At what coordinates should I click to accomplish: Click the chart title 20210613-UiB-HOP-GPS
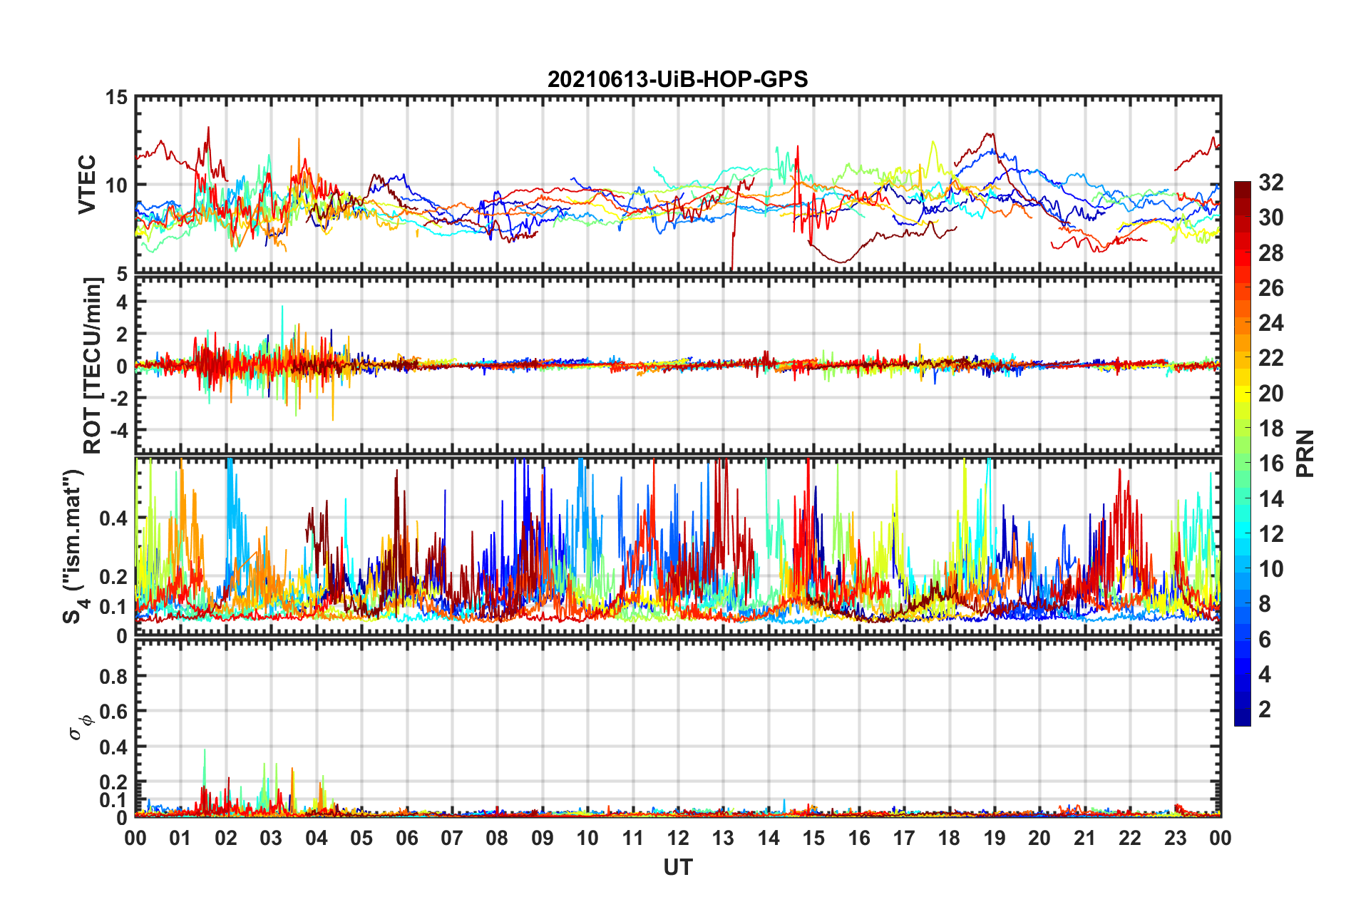(x=677, y=79)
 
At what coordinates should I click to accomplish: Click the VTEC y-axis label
(x=87, y=184)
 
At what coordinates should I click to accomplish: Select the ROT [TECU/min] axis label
(x=93, y=366)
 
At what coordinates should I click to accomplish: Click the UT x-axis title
(x=677, y=867)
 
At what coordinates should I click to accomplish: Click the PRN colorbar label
(x=1305, y=453)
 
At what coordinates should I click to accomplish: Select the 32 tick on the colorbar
(x=1270, y=183)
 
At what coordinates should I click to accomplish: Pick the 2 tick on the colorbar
(x=1265, y=709)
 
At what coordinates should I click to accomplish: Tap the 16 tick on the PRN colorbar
(x=1270, y=463)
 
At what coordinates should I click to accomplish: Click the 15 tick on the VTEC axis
(x=117, y=97)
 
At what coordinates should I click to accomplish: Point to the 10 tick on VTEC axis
(x=117, y=185)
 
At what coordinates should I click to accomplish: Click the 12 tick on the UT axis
(x=678, y=838)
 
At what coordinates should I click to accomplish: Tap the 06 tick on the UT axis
(x=406, y=838)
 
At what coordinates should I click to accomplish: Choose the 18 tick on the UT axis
(x=949, y=838)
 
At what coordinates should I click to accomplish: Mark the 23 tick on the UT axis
(x=1175, y=838)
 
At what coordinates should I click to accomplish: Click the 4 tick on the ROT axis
(x=122, y=302)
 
